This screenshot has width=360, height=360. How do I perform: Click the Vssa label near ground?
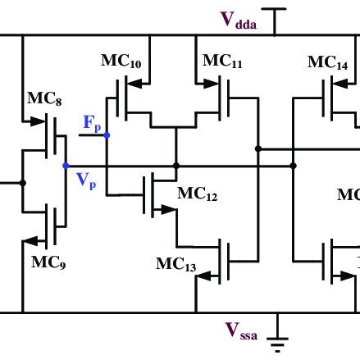click(244, 330)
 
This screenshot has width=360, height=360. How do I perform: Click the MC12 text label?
click(197, 194)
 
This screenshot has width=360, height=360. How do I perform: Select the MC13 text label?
click(175, 264)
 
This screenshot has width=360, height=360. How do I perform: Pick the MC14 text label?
click(327, 62)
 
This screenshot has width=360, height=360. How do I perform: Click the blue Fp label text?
click(93, 123)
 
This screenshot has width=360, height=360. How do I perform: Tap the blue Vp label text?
click(87, 182)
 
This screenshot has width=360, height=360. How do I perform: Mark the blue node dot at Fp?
click(107, 134)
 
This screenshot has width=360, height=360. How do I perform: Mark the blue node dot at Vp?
click(66, 166)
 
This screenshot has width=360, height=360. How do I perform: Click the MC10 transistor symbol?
click(130, 98)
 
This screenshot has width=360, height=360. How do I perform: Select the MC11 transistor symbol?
click(222, 98)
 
